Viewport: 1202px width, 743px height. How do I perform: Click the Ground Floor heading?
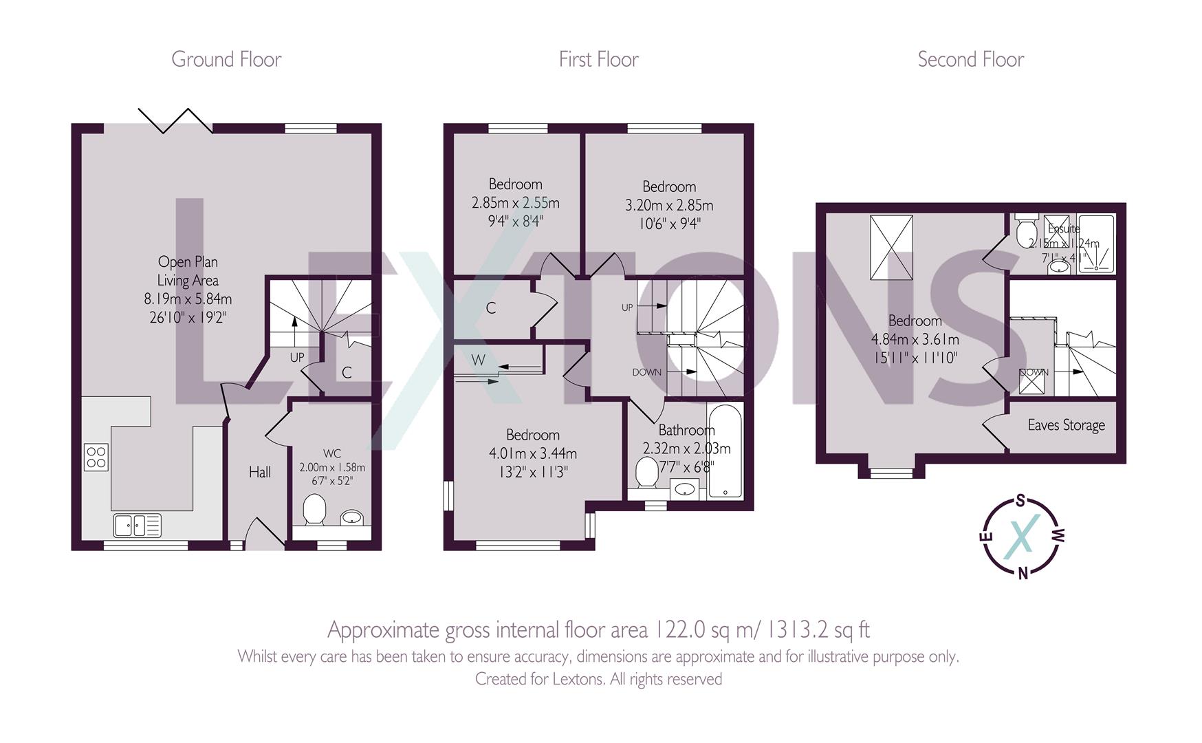click(226, 60)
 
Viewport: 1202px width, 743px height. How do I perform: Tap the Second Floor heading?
click(970, 60)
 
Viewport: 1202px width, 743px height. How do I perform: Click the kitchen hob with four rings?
click(96, 457)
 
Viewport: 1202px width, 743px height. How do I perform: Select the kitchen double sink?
click(138, 525)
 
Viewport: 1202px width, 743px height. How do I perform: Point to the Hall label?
click(260, 472)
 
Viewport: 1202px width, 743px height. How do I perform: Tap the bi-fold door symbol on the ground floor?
click(175, 120)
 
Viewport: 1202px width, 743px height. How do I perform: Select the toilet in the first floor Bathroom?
click(646, 473)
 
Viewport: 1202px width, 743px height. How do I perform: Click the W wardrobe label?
click(479, 360)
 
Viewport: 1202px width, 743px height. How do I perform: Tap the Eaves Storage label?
click(1066, 425)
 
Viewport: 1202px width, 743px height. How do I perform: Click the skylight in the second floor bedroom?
click(891, 248)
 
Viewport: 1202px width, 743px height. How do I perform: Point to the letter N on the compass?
click(1023, 572)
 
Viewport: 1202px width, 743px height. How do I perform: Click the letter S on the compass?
click(1021, 500)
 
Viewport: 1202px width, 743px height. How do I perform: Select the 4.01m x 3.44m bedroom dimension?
click(532, 453)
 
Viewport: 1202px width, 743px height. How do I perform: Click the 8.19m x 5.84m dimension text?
click(188, 299)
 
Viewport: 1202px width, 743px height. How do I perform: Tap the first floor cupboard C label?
click(491, 308)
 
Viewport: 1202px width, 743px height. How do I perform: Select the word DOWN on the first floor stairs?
click(647, 372)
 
